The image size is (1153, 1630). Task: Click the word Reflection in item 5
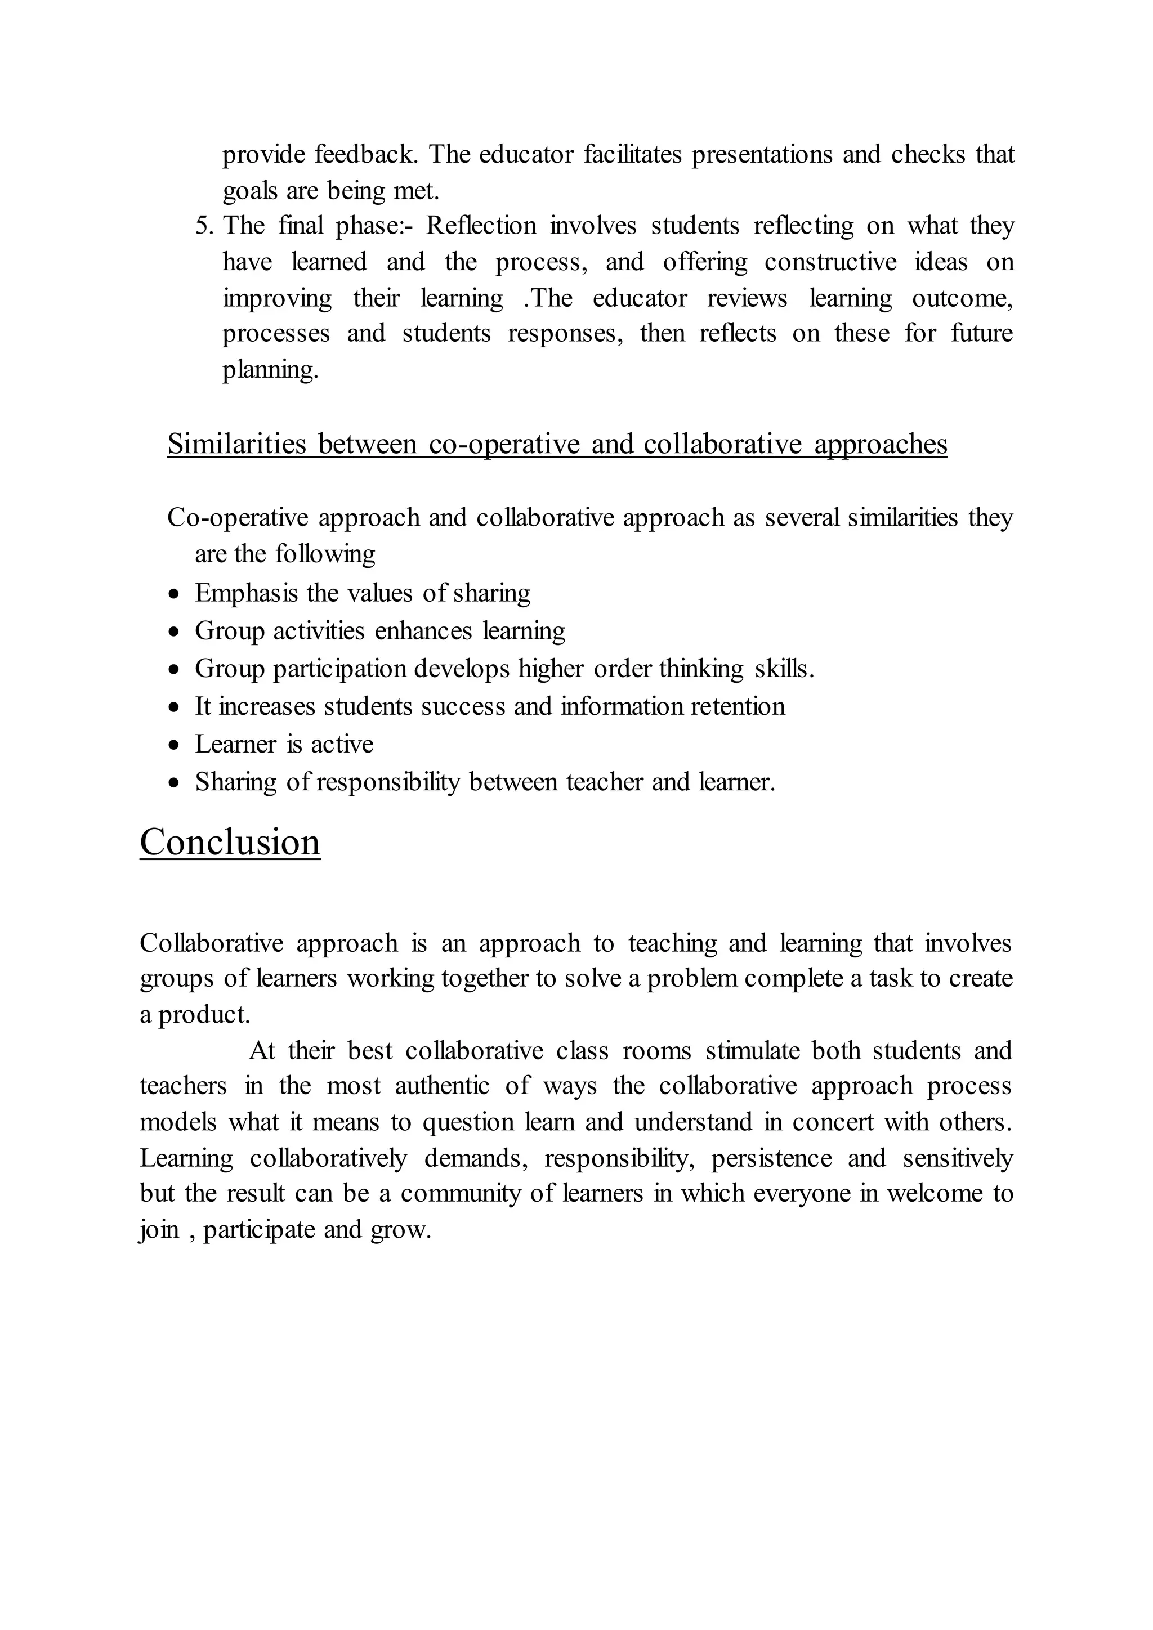click(x=481, y=226)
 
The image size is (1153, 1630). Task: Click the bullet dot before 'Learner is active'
click(x=175, y=745)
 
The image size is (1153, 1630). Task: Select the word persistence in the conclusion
click(x=771, y=1158)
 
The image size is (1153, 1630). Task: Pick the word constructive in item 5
click(x=830, y=262)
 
